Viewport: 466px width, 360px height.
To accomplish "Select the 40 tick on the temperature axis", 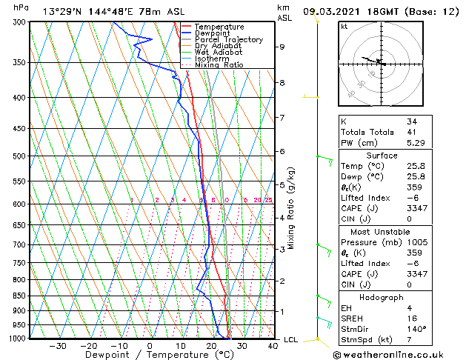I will pos(273,345).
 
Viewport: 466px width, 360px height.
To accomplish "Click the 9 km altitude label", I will pos(282,47).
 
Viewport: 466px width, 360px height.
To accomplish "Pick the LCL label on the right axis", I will pos(291,340).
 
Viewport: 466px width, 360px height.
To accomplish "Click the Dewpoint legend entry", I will pos(213,33).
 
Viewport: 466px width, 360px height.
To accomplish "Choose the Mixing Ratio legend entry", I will pos(218,65).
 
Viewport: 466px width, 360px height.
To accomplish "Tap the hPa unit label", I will pos(22,7).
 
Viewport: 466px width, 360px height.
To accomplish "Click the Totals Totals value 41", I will pos(412,132).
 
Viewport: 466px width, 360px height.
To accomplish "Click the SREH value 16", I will pos(412,319).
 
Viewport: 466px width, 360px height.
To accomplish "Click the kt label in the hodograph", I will pos(344,26).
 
